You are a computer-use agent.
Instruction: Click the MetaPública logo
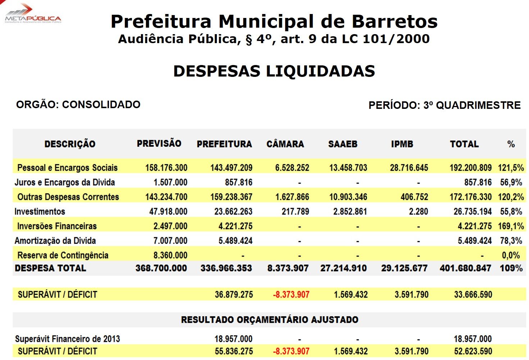point(32,14)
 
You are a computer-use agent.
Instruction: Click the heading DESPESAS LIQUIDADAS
point(274,71)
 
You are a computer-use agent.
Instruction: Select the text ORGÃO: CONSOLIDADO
point(78,105)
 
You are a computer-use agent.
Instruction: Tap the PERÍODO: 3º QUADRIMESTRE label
point(444,105)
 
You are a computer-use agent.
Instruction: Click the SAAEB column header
point(343,144)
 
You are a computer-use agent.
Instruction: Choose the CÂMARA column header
point(285,144)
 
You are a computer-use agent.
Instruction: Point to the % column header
point(511,144)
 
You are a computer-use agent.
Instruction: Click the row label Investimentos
point(40,212)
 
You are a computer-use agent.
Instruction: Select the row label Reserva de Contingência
point(63,255)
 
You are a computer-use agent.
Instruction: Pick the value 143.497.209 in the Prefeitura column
point(231,168)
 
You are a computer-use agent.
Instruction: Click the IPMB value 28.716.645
point(409,168)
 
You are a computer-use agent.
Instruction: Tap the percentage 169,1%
point(511,226)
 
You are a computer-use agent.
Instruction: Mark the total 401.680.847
point(465,268)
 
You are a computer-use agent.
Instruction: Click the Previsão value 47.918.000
point(168,212)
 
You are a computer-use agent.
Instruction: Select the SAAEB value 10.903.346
point(348,197)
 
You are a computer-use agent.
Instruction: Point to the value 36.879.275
point(234,295)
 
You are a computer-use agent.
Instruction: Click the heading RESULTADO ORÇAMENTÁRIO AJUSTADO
point(270,320)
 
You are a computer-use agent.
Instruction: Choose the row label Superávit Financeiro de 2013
point(67,339)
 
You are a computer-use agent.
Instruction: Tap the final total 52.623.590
point(473,351)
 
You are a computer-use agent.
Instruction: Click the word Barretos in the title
point(395,21)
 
